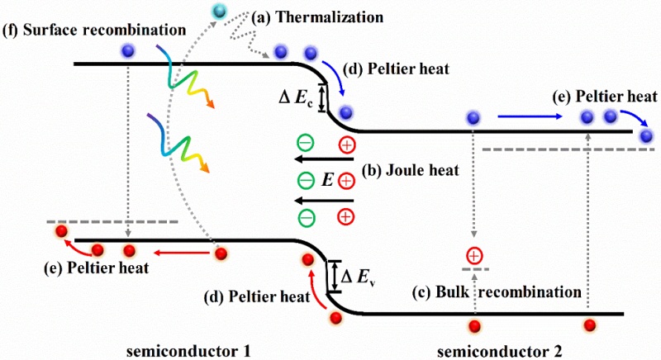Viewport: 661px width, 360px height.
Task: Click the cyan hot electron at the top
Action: point(220,11)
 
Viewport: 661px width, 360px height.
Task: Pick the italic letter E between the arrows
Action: point(327,179)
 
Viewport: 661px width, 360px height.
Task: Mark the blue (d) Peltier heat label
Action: point(402,70)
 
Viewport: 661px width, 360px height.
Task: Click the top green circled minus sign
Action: point(305,142)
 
